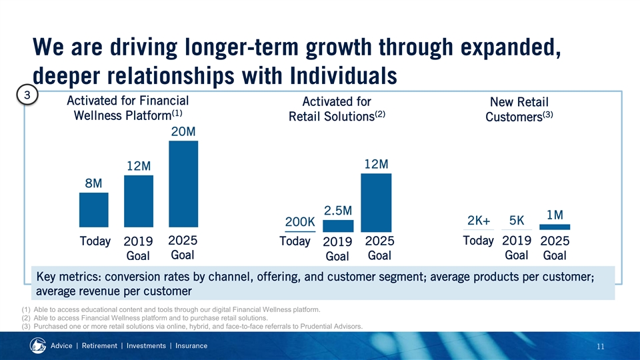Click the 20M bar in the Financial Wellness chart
tap(183, 184)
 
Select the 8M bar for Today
tap(94, 210)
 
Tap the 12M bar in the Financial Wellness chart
tap(139, 201)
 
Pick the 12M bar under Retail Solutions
tap(376, 203)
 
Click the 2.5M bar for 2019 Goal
tap(338, 226)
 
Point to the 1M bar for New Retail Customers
tap(555, 227)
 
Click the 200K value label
tap(300, 221)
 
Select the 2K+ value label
tap(479, 221)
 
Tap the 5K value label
tap(516, 221)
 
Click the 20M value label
tap(183, 131)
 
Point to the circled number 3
tap(27, 95)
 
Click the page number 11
tap(601, 347)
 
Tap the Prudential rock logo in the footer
tap(37, 345)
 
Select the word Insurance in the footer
tap(191, 346)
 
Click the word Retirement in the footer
tap(99, 346)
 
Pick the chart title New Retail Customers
tap(519, 109)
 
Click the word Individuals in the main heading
tap(344, 76)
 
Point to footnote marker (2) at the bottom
tap(26, 318)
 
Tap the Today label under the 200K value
tap(295, 241)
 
